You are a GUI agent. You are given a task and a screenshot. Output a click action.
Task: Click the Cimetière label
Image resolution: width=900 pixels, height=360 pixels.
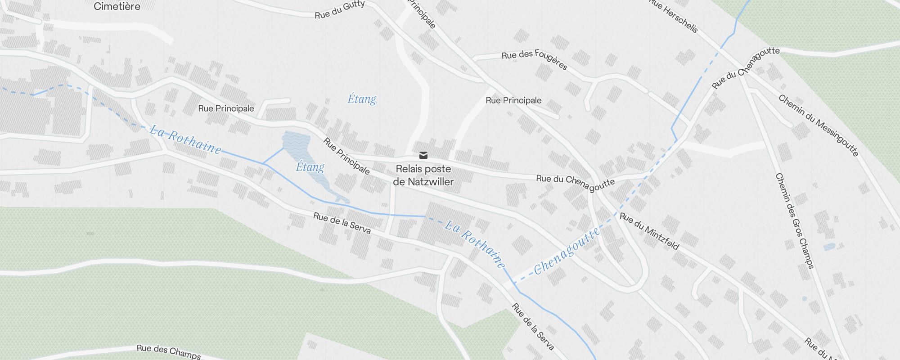point(117,6)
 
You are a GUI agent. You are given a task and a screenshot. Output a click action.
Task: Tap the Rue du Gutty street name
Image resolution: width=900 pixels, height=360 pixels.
point(339,10)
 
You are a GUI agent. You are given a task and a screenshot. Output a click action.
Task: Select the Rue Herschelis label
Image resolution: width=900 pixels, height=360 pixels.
point(674,16)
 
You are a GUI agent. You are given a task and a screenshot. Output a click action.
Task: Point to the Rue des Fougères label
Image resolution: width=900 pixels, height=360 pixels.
point(534,59)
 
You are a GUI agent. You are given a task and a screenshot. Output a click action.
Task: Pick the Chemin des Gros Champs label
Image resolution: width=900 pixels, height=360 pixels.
point(795,220)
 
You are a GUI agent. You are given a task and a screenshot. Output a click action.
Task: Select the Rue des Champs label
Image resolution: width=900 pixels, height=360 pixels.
point(168,351)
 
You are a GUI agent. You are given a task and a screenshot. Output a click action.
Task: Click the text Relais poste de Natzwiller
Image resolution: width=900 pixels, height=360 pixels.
point(423,175)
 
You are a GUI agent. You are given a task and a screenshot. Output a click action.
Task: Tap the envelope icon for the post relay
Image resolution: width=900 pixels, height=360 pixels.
point(423,155)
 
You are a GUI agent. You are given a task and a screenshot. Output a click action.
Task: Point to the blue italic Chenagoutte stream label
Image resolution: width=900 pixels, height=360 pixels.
point(567,251)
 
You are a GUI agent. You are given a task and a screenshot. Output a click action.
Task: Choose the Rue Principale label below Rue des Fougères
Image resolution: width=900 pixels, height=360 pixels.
point(513,100)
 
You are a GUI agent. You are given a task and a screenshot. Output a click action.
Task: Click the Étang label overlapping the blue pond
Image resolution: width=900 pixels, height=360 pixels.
point(310,167)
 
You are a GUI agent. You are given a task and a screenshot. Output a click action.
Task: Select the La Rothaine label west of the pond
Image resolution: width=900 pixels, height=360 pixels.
point(185,139)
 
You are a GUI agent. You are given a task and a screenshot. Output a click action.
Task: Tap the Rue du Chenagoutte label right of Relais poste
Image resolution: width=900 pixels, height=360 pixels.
point(575,183)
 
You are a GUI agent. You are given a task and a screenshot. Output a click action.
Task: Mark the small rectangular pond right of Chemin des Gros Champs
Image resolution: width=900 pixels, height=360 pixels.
point(829,247)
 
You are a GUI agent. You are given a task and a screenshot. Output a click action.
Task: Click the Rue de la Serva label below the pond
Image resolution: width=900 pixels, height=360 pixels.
point(342,223)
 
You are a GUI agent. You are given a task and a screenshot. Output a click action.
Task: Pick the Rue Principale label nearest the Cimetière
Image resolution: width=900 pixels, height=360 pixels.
point(226,108)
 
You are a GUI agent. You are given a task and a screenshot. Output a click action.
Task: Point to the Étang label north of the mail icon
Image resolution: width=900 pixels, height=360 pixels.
point(362,99)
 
